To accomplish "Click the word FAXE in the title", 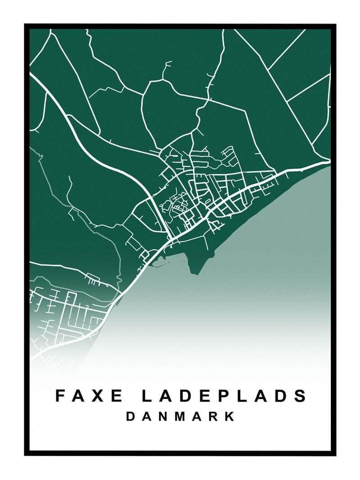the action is [89, 396].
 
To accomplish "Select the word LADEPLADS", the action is [225, 396].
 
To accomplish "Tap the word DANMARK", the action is [180, 416].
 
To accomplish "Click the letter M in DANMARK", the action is [181, 416].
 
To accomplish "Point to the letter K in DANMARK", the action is [230, 416].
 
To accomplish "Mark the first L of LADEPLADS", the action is [147, 396].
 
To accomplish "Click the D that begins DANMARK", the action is [130, 416].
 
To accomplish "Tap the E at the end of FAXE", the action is [118, 396].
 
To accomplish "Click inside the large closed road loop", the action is [169, 112].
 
